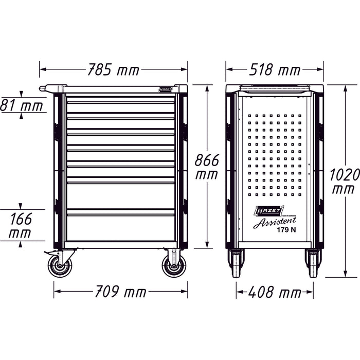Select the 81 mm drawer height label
click(x=22, y=106)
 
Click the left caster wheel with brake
click(x=60, y=266)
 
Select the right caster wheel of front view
click(x=173, y=266)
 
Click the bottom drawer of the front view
click(x=120, y=227)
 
